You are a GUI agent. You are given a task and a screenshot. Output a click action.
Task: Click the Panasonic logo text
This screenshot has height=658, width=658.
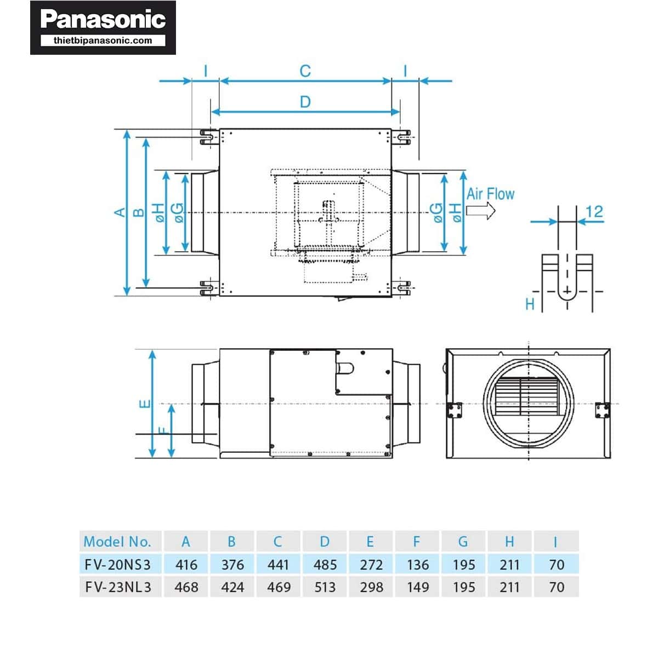coord(103,20)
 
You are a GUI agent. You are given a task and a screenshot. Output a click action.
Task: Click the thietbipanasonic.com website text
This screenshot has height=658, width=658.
coord(103,41)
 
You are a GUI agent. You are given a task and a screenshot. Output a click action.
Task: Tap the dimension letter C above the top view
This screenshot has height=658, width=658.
coord(305,71)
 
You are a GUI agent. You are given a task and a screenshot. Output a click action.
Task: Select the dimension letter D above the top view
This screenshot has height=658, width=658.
coord(305,102)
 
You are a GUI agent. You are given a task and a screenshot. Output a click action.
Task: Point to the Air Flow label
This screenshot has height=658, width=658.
coord(490,194)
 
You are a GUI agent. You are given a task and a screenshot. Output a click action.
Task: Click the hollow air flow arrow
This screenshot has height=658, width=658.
coord(481,211)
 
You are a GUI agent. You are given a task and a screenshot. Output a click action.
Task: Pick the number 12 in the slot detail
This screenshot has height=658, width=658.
coord(594,212)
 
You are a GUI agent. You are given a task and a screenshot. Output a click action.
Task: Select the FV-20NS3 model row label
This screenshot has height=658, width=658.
coord(117,564)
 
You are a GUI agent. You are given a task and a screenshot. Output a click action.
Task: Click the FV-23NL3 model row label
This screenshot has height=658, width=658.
coord(118,587)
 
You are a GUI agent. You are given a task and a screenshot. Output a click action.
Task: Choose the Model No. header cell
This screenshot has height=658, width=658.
coord(117,542)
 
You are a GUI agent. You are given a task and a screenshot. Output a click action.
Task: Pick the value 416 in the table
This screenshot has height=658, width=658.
coord(186,564)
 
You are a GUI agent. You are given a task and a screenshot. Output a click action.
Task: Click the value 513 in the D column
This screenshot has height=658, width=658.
coord(325,587)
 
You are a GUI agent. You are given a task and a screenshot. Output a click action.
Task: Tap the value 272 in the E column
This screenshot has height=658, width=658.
coord(371,564)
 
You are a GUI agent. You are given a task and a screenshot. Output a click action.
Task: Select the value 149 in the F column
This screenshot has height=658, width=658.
coord(418,587)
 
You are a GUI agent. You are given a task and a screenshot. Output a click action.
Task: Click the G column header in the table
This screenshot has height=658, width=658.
coord(463,542)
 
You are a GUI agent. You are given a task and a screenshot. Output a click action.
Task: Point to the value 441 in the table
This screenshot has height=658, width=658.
coord(279,564)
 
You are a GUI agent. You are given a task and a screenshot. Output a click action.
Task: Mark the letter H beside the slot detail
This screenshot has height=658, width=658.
coord(530,304)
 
